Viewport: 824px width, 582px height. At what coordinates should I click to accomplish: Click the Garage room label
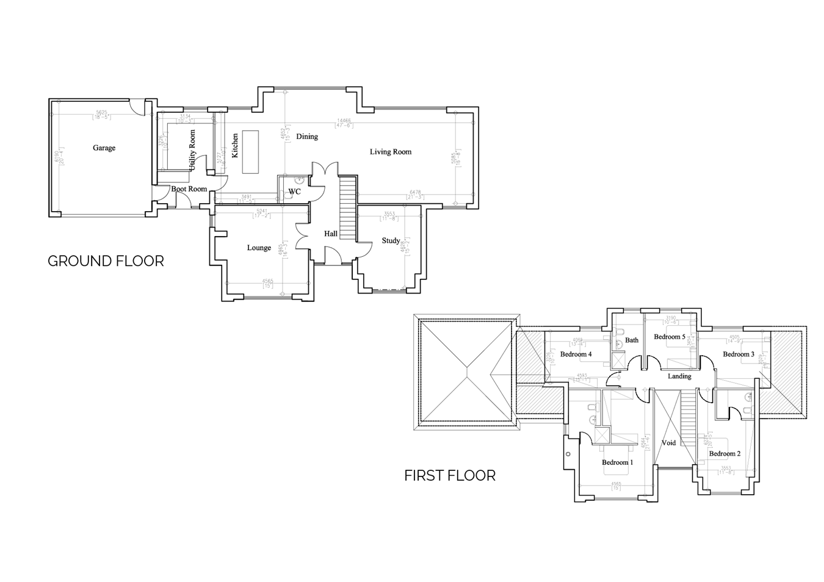point(104,148)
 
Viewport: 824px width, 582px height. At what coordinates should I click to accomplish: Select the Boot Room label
point(189,189)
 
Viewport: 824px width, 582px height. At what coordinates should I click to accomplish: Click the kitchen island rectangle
point(250,152)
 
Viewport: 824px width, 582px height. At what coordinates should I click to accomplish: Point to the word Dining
point(307,137)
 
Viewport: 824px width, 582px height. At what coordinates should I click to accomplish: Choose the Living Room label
point(391,152)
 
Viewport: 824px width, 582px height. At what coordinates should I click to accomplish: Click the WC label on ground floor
point(294,192)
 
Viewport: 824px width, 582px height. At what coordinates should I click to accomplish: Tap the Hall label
point(331,234)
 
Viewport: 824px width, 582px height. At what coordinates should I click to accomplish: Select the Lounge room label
point(259,248)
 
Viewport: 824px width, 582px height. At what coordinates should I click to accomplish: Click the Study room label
point(391,240)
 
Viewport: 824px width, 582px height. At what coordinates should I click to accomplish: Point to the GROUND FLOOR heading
point(106,261)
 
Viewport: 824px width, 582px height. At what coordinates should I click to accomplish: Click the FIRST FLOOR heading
point(450,475)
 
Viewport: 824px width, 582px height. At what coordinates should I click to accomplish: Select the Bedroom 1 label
point(617,462)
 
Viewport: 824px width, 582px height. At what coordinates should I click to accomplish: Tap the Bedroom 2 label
point(725,453)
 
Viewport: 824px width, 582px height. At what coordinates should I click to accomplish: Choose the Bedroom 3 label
point(739,354)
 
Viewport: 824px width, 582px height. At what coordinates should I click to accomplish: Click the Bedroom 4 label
point(576,354)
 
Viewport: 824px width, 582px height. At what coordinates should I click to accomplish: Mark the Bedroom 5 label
point(669,337)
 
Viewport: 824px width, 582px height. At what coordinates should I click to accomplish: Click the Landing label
point(679,376)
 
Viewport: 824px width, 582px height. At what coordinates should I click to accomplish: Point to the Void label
point(669,443)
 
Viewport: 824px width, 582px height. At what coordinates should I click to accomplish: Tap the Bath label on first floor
point(632,340)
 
